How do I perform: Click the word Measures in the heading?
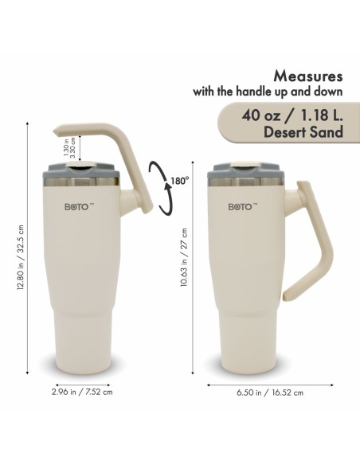(308, 76)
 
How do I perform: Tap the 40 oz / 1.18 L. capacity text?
(292, 115)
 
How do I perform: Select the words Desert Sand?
(303, 131)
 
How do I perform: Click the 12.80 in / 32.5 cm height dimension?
(20, 257)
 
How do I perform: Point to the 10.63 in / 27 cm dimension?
(184, 257)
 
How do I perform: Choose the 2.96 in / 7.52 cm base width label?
(82, 392)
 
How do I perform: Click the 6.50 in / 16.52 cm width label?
(270, 393)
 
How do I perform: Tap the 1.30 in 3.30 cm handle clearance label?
(69, 147)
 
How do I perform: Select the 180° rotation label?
(180, 181)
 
